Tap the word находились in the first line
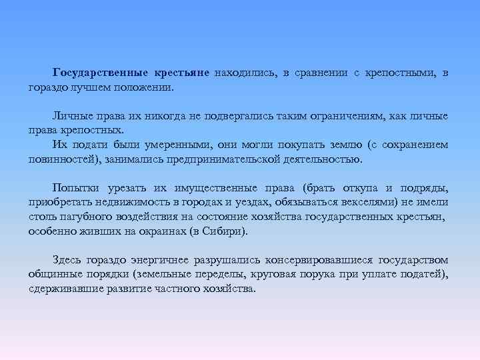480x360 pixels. pyautogui.click(x=242, y=73)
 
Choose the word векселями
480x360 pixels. pyautogui.click(x=369, y=202)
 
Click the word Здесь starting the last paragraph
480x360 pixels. pyautogui.click(x=68, y=259)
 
